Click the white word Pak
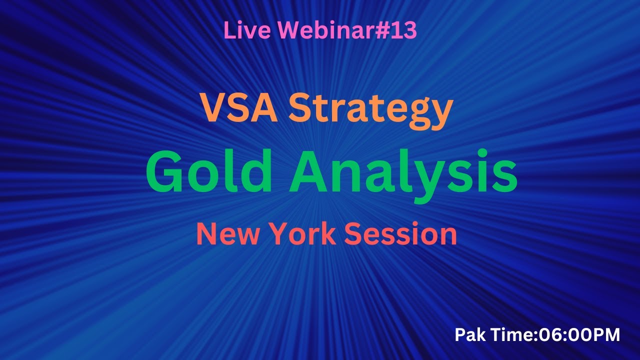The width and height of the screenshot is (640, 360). click(x=469, y=335)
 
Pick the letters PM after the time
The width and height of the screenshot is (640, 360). click(x=608, y=335)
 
